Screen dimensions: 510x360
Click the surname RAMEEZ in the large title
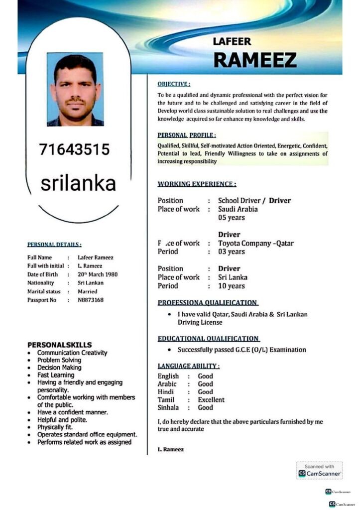coord(254,60)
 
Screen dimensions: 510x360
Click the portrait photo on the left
coord(75,89)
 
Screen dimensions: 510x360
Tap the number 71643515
coord(74,149)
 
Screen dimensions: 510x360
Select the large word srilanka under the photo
coord(78,183)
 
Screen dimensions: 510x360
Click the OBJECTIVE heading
coord(174,84)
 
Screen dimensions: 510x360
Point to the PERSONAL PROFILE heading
coord(187,135)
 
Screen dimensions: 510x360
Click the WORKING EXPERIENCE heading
coord(197,184)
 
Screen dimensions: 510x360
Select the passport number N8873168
coord(91,300)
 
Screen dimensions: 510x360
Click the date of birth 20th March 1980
coord(98,274)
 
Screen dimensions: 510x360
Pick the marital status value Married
coord(88,291)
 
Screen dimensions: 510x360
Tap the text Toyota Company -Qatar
coord(256,244)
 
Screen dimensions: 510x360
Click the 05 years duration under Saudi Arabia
coord(232,218)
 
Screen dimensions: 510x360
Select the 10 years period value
coord(232,286)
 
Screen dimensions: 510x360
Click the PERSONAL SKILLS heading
coord(59,345)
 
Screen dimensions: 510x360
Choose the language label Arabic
coord(167,384)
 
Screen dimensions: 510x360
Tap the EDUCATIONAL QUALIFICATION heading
coord(208,339)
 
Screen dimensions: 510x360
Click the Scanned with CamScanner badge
coord(320,470)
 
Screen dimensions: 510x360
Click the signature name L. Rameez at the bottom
coord(170,449)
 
